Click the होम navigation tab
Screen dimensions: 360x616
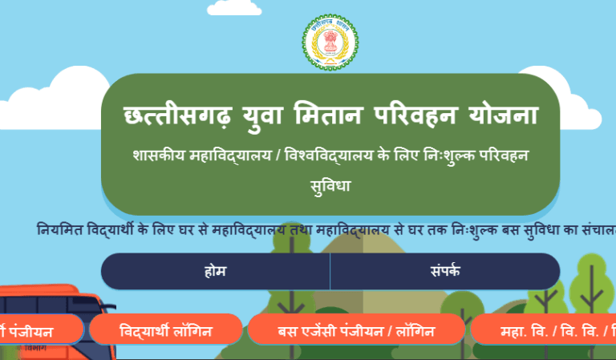tap(215, 271)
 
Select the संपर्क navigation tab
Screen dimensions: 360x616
tap(445, 271)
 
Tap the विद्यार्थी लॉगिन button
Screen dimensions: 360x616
tap(164, 330)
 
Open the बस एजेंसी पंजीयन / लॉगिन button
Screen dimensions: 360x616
tap(356, 330)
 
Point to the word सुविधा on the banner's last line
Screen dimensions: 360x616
tap(330, 185)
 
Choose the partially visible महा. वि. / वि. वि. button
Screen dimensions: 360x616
tap(545, 330)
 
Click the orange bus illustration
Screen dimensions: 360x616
tap(48, 301)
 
